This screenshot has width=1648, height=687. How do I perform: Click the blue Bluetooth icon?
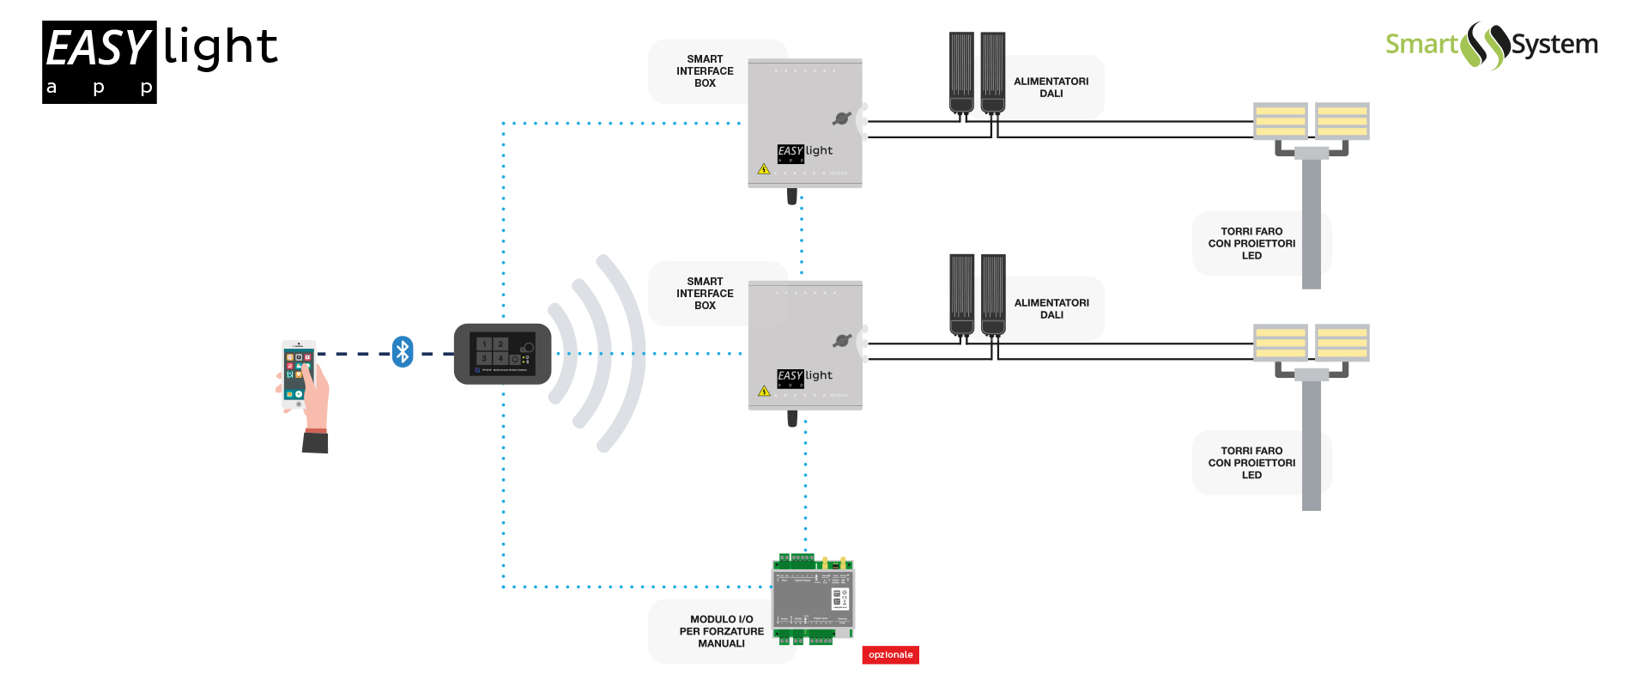[403, 352]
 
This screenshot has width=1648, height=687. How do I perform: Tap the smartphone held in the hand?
[298, 374]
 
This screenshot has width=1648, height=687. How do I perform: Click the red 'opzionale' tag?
[890, 655]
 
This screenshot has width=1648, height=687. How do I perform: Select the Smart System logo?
[1491, 45]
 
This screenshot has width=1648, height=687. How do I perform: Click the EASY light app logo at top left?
[160, 62]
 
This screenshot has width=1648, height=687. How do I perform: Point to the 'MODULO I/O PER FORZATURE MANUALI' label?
[721, 631]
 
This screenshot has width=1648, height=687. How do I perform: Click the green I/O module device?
[813, 599]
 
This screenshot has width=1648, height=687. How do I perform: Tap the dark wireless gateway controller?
[502, 354]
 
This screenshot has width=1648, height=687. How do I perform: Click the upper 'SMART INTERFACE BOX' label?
[705, 71]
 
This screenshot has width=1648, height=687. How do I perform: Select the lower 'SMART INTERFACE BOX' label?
[705, 294]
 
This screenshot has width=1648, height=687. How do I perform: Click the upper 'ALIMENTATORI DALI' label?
[1051, 88]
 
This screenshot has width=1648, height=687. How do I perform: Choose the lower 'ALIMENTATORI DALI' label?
[1051, 309]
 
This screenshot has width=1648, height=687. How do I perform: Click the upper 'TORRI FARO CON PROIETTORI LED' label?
[1251, 244]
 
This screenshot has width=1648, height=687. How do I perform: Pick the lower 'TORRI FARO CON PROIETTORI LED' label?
[1251, 463]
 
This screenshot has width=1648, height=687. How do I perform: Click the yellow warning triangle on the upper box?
[764, 169]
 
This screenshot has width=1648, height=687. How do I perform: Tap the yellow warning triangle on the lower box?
[764, 392]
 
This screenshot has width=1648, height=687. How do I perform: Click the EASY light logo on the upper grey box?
[804, 152]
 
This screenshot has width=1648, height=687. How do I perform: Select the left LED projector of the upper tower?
[1280, 121]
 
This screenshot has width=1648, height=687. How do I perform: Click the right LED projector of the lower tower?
[1342, 343]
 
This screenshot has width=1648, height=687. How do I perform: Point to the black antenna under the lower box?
[792, 418]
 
